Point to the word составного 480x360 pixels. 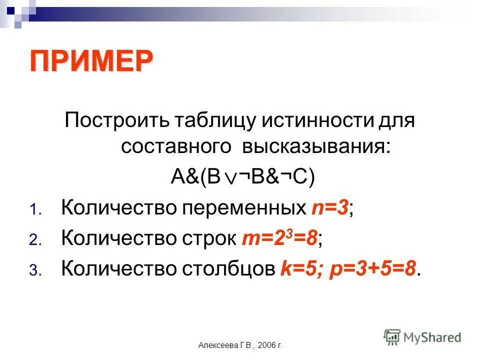(176, 147)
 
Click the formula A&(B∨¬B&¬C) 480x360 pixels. (242, 177)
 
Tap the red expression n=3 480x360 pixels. (329, 207)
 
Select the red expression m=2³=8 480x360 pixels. (280, 238)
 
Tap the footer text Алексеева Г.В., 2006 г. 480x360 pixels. (240, 345)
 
